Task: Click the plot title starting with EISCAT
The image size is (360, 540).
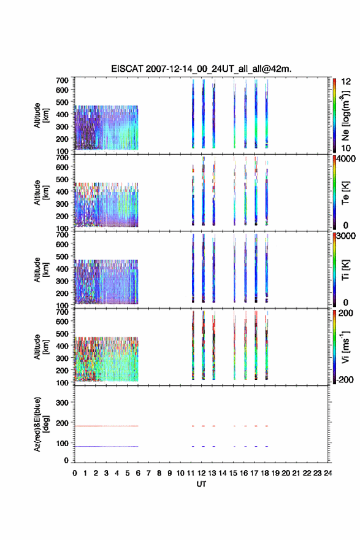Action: [201, 69]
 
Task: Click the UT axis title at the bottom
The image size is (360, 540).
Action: [201, 484]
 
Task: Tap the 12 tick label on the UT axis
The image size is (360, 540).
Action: [201, 473]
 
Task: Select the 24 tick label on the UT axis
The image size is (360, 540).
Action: [327, 473]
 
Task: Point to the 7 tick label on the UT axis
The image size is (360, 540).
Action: [148, 473]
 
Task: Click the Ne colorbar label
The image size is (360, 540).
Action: [345, 116]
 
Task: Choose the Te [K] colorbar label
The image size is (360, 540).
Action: [345, 193]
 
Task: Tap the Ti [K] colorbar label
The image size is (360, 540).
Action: [345, 270]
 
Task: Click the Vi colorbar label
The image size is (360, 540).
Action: [345, 347]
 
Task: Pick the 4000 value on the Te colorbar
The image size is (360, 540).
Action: [346, 159]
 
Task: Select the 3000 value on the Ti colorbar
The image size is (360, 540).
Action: [346, 236]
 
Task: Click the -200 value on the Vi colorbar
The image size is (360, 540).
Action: [345, 379]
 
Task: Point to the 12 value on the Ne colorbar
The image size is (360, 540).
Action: [346, 82]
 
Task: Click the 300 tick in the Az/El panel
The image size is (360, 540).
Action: [62, 403]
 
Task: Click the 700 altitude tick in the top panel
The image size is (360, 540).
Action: [62, 80]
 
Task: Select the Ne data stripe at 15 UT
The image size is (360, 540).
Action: [234, 114]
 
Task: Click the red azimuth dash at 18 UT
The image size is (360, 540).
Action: [266, 426]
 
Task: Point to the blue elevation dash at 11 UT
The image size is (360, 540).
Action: [193, 446]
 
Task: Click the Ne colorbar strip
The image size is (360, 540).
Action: [334, 115]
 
